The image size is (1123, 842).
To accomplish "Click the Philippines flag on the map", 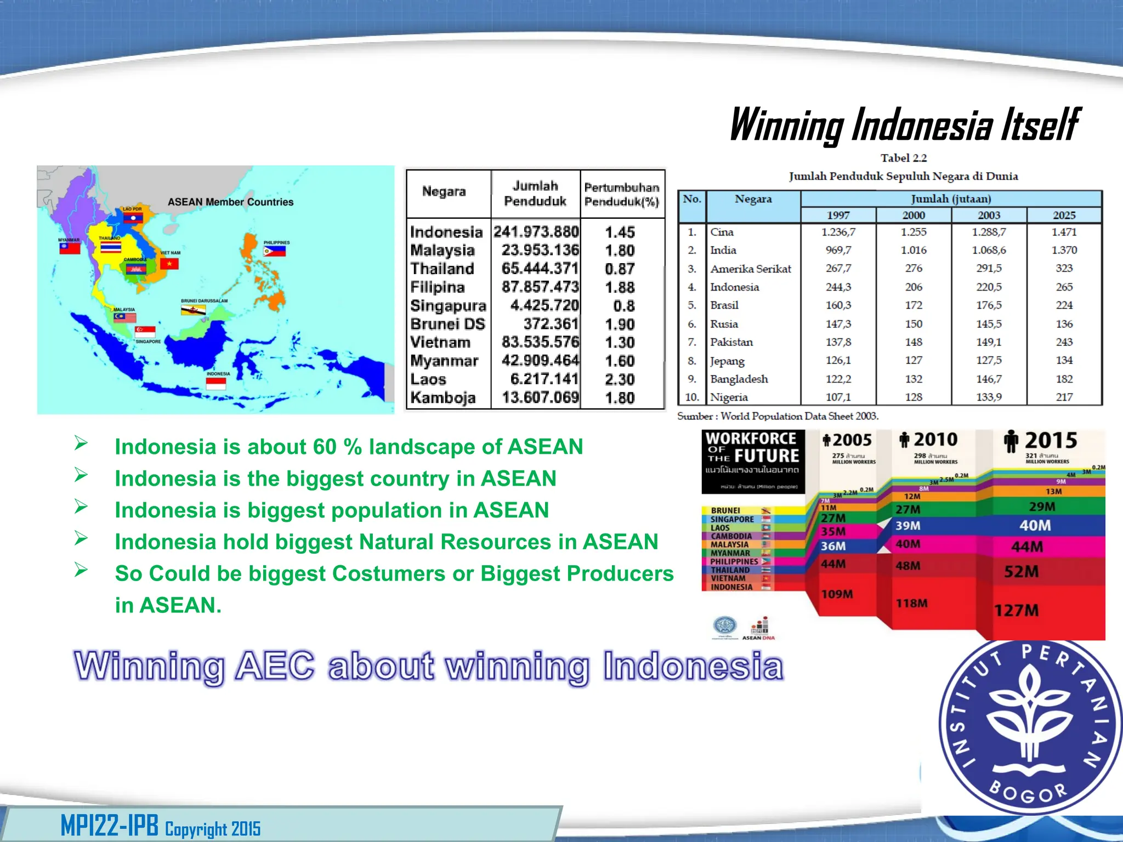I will click(274, 251).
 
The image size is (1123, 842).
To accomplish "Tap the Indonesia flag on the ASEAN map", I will click(216, 383).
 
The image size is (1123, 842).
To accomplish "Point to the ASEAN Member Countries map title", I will click(230, 202).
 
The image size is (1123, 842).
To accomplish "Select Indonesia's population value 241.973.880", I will click(536, 232).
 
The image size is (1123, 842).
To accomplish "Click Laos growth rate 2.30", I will click(620, 379).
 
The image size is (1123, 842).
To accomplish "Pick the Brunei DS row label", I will click(447, 324).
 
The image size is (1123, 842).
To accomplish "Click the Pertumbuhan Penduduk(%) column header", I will click(621, 195).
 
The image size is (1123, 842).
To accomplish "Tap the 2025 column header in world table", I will click(1064, 215).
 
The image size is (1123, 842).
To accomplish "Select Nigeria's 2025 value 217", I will click(1064, 397).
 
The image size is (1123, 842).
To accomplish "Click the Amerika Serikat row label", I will click(750, 269).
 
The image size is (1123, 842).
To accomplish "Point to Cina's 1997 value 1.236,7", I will click(838, 232).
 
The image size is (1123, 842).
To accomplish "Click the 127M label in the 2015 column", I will click(1017, 610).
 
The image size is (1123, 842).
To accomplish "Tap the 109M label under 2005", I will click(837, 594).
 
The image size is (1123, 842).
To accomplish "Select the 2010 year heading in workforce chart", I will click(934, 440).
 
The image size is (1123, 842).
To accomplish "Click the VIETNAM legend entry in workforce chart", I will click(728, 578).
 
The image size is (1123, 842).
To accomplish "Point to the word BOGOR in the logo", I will click(1028, 792).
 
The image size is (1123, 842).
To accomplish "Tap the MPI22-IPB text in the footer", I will click(109, 826).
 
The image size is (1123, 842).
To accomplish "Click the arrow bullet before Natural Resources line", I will click(81, 538).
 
